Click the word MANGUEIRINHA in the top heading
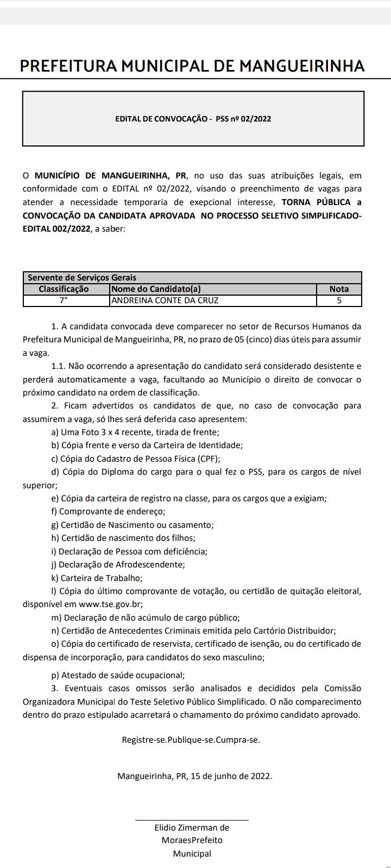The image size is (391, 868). [x=302, y=66]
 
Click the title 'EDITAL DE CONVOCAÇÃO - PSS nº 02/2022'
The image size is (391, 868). [x=193, y=119]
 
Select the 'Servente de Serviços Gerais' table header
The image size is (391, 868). [x=82, y=278]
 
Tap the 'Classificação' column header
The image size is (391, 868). [x=64, y=289]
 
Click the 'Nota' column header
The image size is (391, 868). [x=339, y=289]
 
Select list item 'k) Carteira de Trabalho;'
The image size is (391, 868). [x=96, y=578]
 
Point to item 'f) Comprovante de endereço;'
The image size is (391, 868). [x=108, y=511]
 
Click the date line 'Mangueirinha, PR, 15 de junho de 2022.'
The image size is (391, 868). [x=194, y=776]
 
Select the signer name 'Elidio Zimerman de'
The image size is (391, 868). [x=192, y=827]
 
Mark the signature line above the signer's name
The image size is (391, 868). [x=192, y=820]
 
